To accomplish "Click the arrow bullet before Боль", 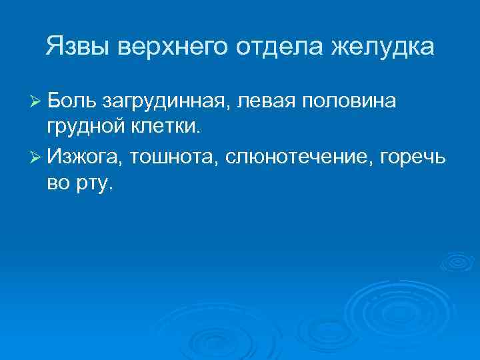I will tap(36, 101).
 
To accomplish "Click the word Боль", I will tap(72, 101).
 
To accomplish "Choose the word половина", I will tap(350, 101).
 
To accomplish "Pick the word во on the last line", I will tap(57, 183).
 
